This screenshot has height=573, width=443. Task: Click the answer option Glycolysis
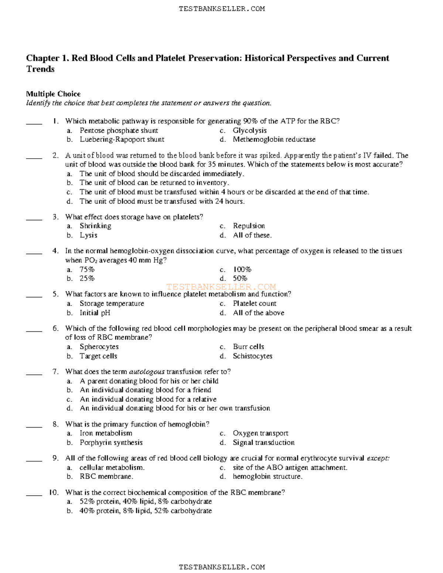[x=250, y=131]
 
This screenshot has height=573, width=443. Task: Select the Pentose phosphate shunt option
[x=119, y=131]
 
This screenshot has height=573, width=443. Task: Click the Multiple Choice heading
[x=53, y=94]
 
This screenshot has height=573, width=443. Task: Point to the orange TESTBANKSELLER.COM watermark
[x=221, y=287]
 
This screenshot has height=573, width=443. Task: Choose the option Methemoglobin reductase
[x=274, y=139]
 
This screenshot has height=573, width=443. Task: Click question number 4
[x=55, y=251]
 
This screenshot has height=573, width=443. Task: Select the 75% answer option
[x=87, y=269]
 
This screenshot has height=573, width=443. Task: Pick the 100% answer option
[x=242, y=269]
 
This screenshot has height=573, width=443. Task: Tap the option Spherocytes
[x=99, y=347]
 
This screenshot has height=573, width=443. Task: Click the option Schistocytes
[x=253, y=356]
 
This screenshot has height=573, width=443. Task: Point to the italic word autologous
[x=147, y=372]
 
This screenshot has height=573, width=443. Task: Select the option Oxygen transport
[x=260, y=433]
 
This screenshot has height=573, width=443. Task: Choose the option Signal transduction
[x=264, y=442]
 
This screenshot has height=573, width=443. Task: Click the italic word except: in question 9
[x=378, y=458]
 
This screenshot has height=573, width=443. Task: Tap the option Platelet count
[x=254, y=304]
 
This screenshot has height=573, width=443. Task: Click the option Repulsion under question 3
[x=249, y=226]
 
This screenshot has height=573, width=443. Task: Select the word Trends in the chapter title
[x=40, y=69]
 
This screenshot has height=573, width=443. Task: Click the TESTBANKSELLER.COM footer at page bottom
[x=221, y=567]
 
